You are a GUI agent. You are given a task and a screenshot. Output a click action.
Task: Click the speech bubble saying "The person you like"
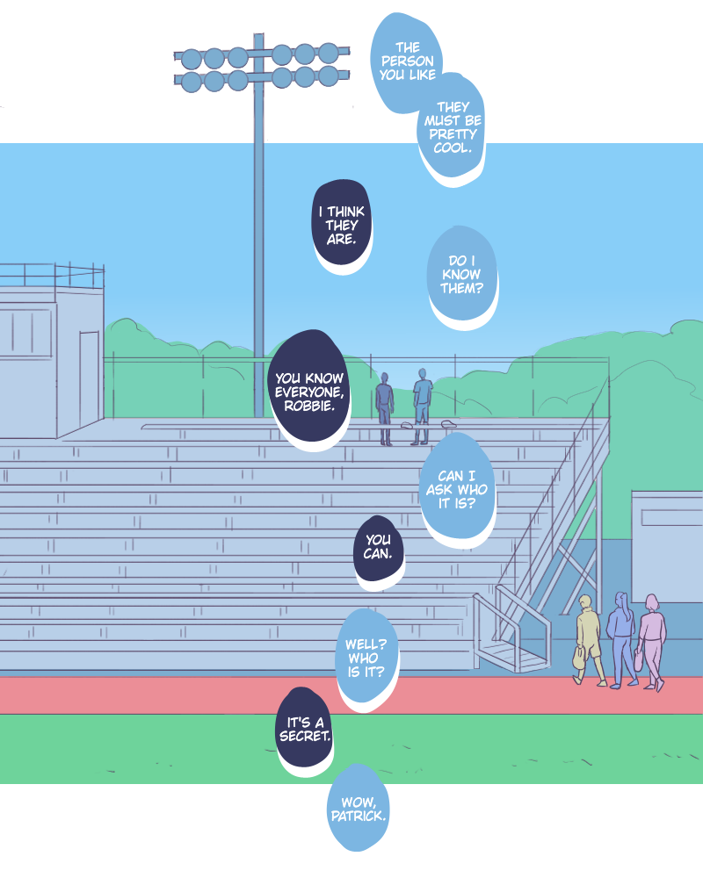(x=407, y=61)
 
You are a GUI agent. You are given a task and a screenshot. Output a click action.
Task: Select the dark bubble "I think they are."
(x=342, y=224)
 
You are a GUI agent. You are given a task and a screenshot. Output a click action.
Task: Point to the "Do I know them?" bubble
(x=462, y=274)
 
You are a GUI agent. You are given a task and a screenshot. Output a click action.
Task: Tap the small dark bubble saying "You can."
(x=379, y=548)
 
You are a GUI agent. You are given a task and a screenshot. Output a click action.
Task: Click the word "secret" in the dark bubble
(x=305, y=736)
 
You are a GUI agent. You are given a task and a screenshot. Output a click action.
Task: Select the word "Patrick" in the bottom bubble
(x=359, y=816)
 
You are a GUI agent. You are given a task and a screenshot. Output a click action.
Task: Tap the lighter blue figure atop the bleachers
(x=423, y=404)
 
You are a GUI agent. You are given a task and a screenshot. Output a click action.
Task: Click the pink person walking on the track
(x=652, y=641)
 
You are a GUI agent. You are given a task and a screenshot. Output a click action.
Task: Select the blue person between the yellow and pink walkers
(x=621, y=637)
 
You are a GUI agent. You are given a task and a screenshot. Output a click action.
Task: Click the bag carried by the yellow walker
(x=579, y=656)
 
